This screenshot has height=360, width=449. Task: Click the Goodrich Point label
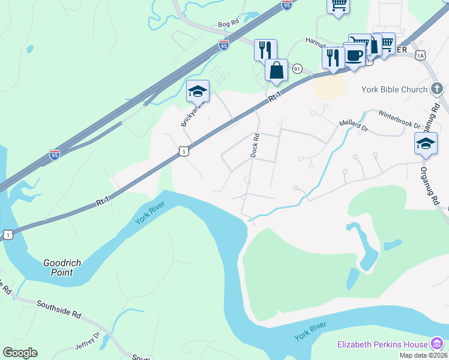66,268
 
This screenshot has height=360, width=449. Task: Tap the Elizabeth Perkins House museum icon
438,344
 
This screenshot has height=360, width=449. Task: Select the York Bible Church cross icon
438,89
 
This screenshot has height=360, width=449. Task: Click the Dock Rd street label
255,145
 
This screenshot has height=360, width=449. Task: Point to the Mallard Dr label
353,124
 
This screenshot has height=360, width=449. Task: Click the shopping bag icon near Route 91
276,70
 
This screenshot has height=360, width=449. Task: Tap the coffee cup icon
354,55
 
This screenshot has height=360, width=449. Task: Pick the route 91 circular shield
297,70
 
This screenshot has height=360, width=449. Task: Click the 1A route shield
420,55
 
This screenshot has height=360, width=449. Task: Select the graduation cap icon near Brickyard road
197,91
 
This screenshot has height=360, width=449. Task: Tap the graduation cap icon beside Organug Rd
426,144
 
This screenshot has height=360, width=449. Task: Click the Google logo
20,353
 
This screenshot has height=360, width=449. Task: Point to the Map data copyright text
423,355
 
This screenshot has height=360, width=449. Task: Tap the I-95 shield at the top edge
286,5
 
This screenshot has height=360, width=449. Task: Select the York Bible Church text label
394,89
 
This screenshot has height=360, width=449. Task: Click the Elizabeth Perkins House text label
382,344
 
